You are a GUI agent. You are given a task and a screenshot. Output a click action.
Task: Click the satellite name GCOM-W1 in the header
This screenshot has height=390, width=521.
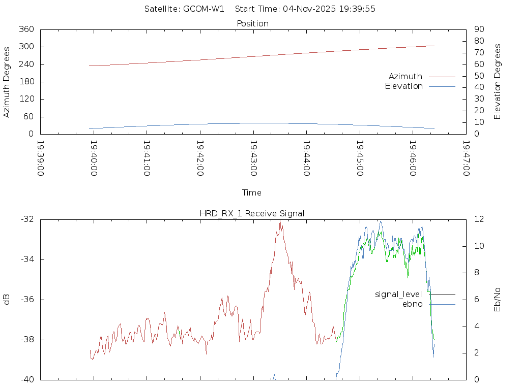204,9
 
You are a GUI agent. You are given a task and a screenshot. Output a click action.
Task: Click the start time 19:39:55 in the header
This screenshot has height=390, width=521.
359,9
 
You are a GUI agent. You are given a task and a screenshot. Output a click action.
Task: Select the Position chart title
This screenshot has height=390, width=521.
252,23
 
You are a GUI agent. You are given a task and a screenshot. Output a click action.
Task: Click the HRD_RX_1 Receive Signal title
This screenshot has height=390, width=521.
252,213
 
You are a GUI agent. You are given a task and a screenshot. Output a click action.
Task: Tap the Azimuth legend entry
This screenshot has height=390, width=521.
406,76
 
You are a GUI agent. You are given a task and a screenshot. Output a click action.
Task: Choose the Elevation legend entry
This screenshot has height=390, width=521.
403,86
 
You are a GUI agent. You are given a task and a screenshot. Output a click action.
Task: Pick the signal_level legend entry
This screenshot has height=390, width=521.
398,294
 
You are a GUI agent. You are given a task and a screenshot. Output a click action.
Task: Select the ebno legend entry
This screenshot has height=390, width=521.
413,304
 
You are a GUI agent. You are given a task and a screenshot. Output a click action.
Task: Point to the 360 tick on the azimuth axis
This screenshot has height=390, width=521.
26,29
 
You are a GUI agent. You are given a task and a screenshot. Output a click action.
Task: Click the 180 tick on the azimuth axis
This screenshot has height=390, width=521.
26,82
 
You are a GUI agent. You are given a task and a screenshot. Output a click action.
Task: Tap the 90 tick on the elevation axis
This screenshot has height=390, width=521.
479,29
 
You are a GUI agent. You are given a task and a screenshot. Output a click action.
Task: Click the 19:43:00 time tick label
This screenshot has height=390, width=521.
253,158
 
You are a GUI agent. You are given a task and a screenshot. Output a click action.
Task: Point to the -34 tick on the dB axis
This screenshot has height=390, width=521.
27,259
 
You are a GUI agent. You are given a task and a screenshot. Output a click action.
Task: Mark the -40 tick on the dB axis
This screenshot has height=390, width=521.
27,379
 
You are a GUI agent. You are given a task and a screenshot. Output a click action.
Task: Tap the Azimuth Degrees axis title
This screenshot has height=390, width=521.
7,82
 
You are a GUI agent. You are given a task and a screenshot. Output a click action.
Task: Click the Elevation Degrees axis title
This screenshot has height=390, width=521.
498,82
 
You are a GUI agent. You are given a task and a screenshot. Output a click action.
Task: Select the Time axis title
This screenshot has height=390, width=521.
252,192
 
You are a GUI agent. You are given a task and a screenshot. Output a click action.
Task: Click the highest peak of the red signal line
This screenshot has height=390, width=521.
280,221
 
